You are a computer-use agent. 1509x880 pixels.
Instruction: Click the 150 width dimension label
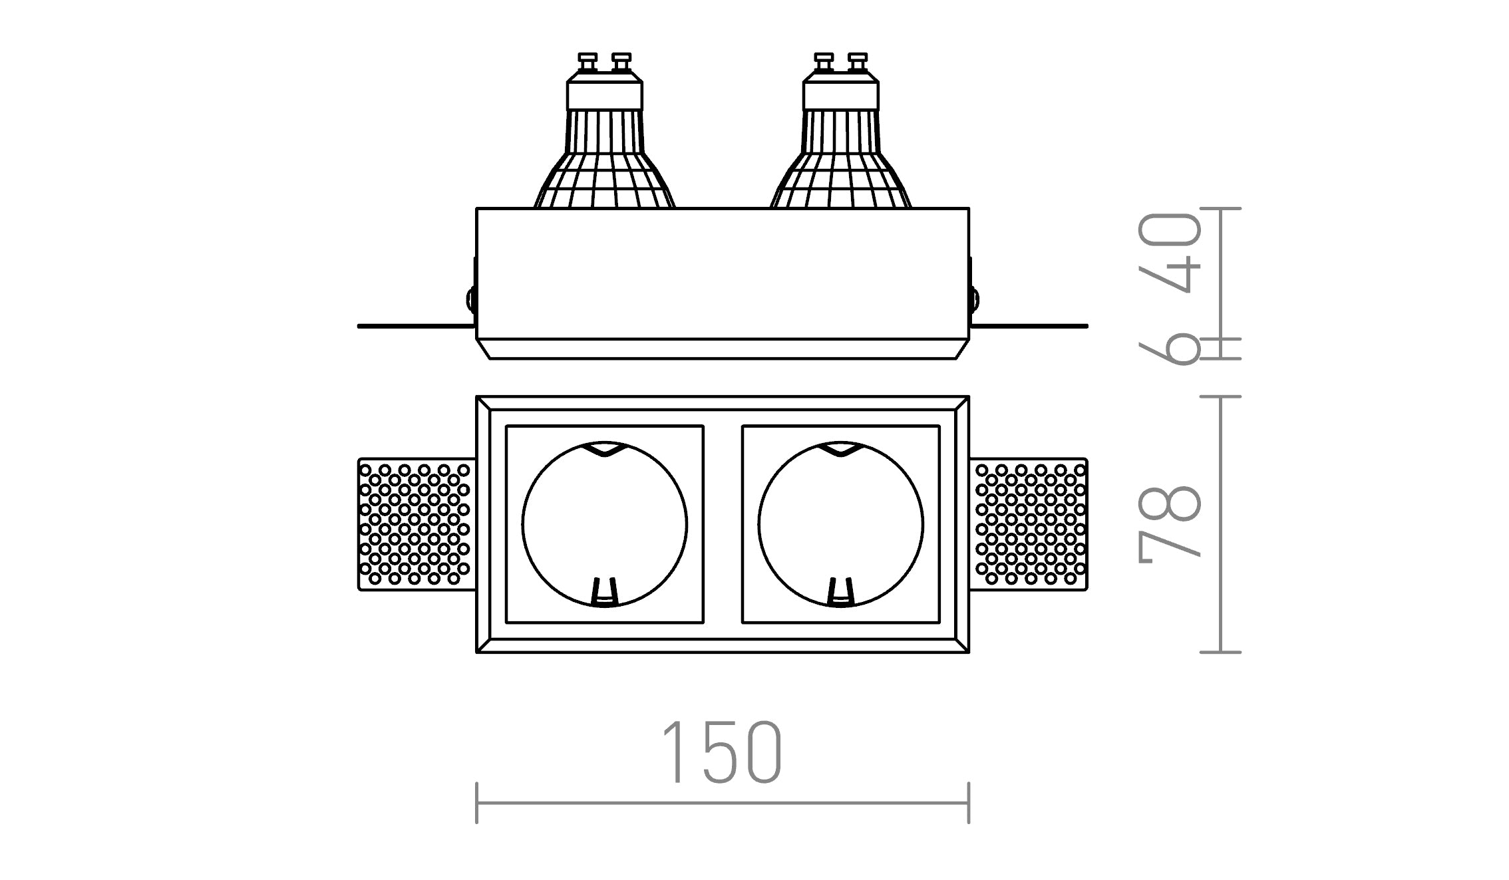tap(722, 752)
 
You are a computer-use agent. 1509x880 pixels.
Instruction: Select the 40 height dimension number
tap(1170, 253)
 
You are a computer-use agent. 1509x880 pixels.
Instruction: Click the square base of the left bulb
tap(604, 94)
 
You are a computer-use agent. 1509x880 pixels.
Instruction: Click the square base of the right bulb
tap(840, 94)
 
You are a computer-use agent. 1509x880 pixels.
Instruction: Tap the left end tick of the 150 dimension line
tap(477, 803)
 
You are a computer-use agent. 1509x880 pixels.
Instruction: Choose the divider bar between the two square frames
tap(723, 524)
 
